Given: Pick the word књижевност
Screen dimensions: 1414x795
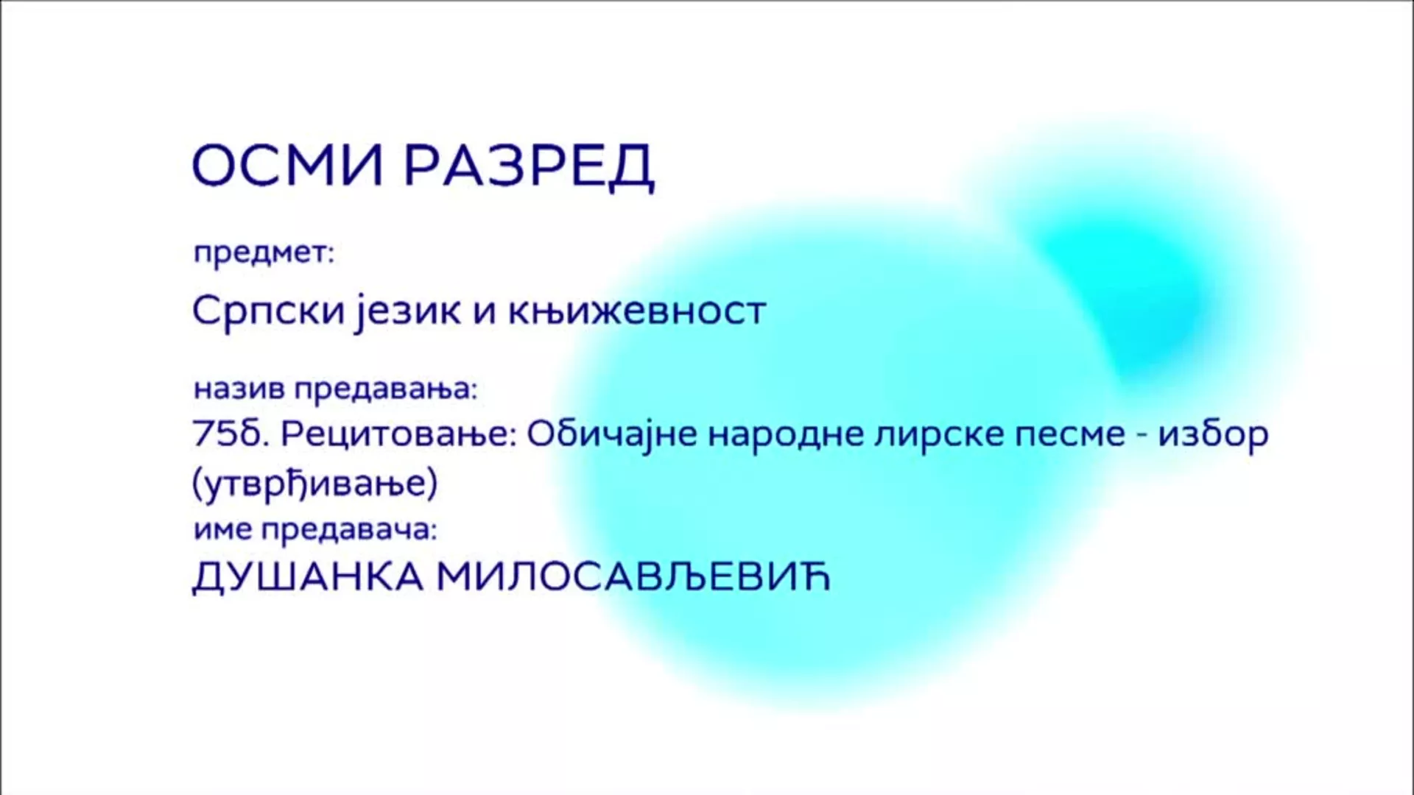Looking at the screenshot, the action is click(x=637, y=311).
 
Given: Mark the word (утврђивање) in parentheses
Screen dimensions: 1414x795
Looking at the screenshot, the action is click(x=314, y=484).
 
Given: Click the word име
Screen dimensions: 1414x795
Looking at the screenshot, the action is click(x=222, y=530).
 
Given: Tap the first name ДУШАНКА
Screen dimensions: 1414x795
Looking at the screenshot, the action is click(x=308, y=576).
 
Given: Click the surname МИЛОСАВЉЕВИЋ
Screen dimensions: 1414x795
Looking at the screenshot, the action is click(x=633, y=576).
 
